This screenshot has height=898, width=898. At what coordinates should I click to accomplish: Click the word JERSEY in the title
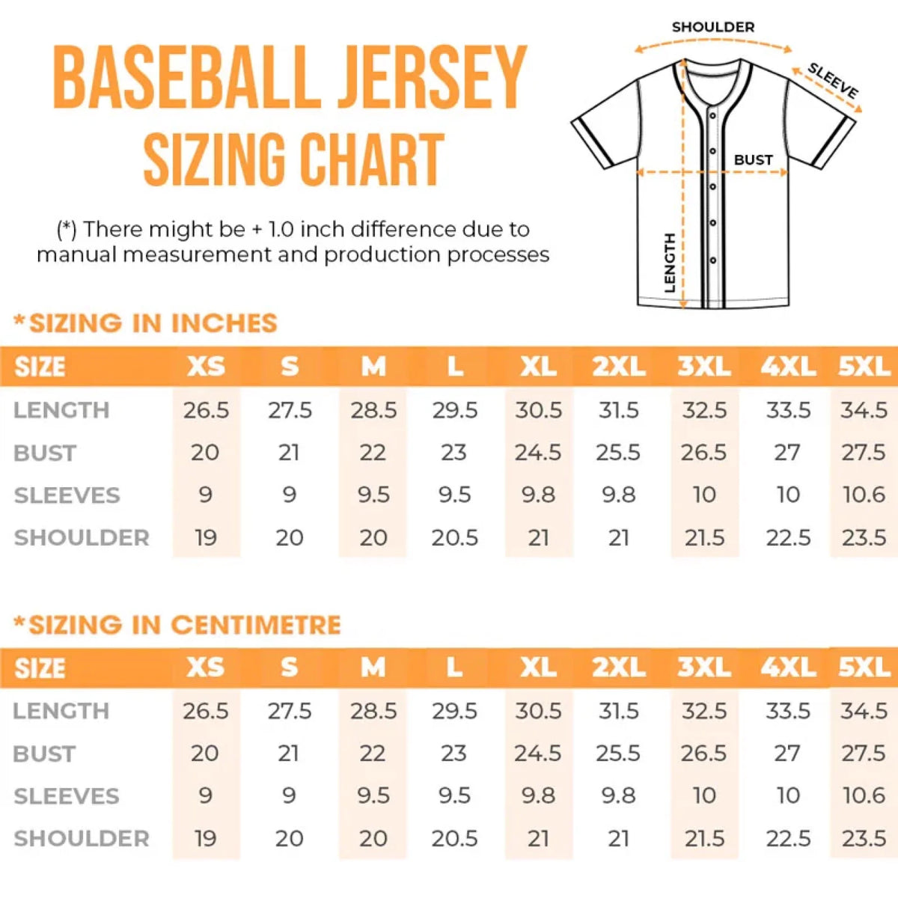[x=431, y=78]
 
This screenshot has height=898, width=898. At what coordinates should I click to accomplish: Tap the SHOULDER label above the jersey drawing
[x=712, y=27]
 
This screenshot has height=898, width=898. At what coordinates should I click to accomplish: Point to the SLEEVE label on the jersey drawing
[x=833, y=81]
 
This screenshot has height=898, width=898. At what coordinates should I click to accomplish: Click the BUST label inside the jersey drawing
[x=753, y=159]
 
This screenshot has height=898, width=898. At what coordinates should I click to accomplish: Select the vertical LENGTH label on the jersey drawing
[x=670, y=262]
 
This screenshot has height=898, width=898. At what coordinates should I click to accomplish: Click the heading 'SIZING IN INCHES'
[x=153, y=323]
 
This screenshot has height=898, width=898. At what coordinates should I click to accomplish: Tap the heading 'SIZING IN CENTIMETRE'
[x=184, y=625]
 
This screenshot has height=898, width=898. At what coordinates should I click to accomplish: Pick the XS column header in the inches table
[x=206, y=367]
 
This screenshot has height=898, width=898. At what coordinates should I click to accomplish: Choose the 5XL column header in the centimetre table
[x=864, y=668]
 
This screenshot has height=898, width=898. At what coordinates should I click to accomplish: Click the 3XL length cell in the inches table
[x=703, y=410]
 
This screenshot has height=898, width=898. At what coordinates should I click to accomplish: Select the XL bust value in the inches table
[x=538, y=453]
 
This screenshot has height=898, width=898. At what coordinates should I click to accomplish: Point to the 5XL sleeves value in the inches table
[x=864, y=495]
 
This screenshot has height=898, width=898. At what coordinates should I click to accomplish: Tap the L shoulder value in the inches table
[x=454, y=537]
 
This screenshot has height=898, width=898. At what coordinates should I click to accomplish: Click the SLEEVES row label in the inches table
[x=67, y=495]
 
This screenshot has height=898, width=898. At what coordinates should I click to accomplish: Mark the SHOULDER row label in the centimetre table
[x=82, y=838]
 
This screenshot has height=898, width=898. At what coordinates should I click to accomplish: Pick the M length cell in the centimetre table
[x=373, y=711]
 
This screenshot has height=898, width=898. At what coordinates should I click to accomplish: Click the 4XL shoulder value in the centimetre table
[x=787, y=838]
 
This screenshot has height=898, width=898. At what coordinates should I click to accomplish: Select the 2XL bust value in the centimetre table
[x=618, y=754]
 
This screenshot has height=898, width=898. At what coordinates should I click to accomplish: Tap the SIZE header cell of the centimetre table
[x=40, y=668]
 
